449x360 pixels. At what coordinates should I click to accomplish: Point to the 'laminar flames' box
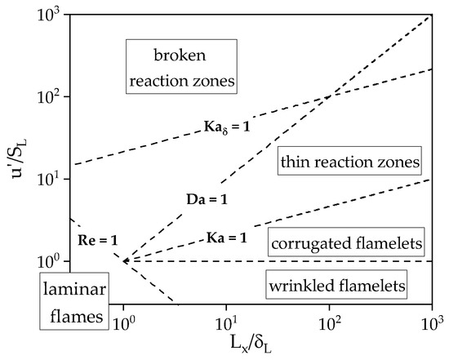tap(73, 300)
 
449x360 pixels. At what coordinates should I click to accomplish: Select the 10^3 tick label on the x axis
tap(429, 322)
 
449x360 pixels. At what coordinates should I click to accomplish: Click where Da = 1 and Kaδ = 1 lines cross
tap(328, 97)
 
